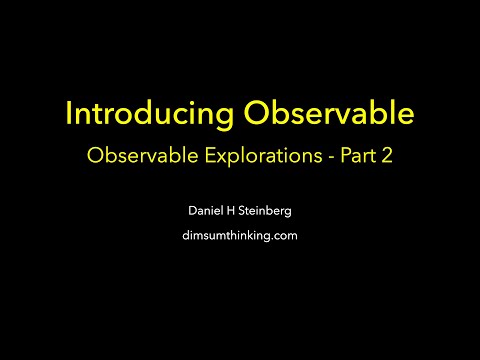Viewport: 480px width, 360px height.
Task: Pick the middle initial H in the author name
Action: [x=223, y=212]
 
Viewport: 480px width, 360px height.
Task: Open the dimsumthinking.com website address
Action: [x=240, y=236]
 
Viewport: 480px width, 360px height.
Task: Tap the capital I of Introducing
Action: [x=69, y=114]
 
